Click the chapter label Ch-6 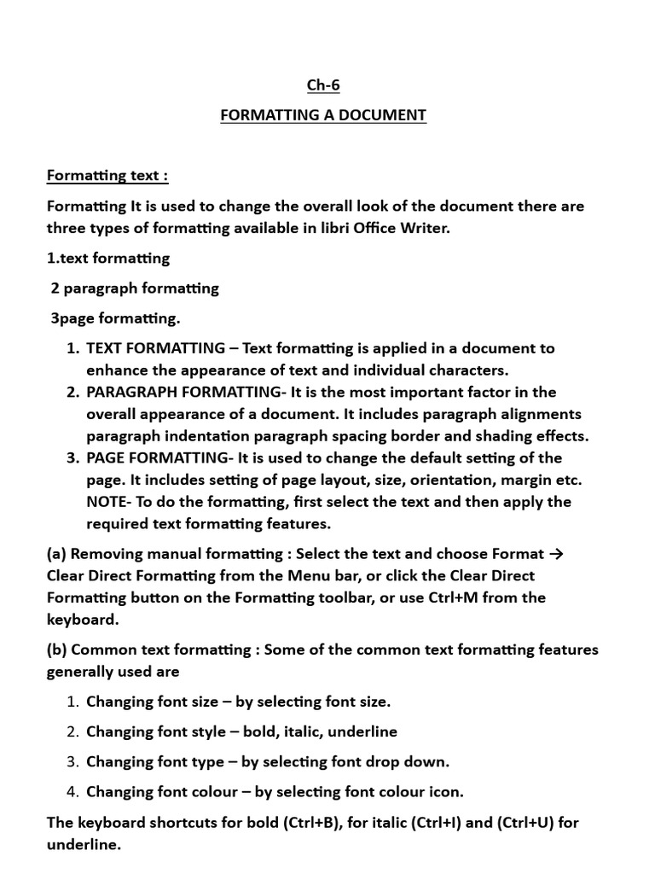pyautogui.click(x=323, y=85)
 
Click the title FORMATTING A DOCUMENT pyautogui.click(x=323, y=115)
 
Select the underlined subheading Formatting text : pyautogui.click(x=107, y=176)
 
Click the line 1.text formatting pyautogui.click(x=108, y=258)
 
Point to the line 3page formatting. pyautogui.click(x=115, y=318)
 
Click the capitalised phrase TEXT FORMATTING pyautogui.click(x=156, y=348)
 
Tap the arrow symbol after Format pyautogui.click(x=557, y=554)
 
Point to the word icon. pyautogui.click(x=446, y=792)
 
